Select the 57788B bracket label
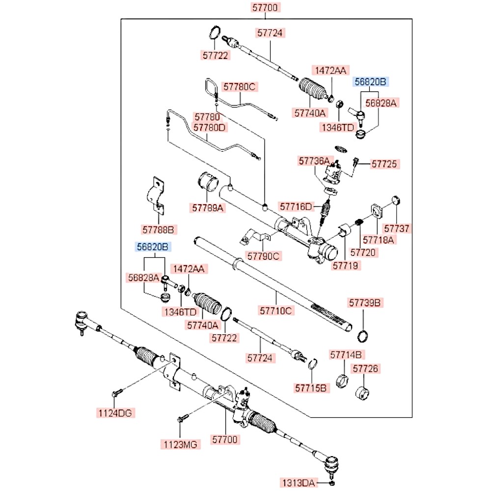pos(159,229)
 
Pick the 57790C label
pos(264,256)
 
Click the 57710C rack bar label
pos(276,310)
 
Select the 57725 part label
pos(384,164)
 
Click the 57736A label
pos(315,161)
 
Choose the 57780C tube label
pos(240,87)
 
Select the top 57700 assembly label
pos(266,7)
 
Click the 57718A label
pos(378,240)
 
